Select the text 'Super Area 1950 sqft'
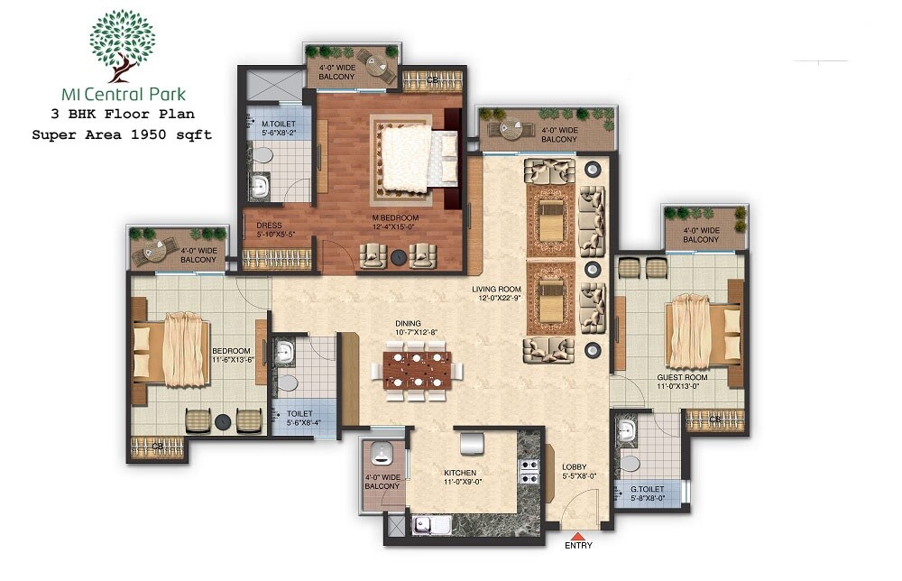coord(122,134)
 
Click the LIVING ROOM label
coord(496,290)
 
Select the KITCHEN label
coord(459,473)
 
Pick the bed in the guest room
coord(700,333)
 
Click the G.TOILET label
coord(647,489)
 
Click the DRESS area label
coord(270,226)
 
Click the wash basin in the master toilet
coord(260,188)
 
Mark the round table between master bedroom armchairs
coord(397,259)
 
